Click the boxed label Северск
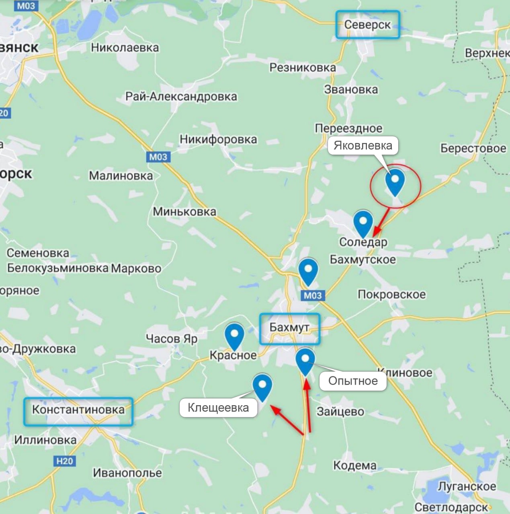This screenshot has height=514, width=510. [367, 25]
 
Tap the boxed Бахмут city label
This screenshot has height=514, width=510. [289, 328]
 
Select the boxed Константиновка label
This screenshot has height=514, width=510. [78, 411]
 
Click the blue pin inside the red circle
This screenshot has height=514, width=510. [395, 182]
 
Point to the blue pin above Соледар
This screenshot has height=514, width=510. [363, 223]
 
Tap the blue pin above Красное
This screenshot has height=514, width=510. [234, 337]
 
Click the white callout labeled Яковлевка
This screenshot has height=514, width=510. [363, 145]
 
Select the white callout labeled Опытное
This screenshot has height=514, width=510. [353, 381]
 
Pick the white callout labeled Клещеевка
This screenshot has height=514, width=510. [218, 408]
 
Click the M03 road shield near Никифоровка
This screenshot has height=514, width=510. [158, 157]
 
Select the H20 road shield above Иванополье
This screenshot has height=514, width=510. [64, 461]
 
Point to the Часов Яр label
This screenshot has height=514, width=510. [172, 339]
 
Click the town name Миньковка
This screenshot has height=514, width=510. [184, 212]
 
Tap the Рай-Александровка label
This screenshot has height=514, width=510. [181, 97]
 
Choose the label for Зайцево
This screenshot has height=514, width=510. [340, 412]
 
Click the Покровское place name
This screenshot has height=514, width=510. [391, 294]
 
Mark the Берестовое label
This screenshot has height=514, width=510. [473, 148]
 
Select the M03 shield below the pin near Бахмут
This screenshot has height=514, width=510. [313, 296]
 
